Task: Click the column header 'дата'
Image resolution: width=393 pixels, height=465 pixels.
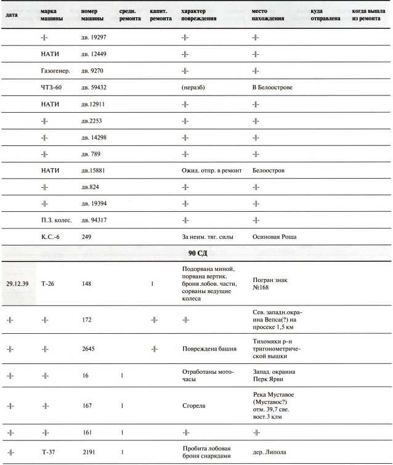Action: [11, 15]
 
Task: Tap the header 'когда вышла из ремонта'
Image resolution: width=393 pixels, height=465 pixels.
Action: [370, 15]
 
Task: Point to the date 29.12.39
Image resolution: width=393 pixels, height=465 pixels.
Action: [18, 284]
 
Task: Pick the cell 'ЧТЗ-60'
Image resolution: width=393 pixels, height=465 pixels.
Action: [52, 87]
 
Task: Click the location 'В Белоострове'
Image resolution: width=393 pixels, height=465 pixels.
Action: [272, 87]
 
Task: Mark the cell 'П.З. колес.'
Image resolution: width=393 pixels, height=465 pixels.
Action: [57, 220]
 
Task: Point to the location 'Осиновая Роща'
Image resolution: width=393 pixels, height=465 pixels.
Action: [277, 237]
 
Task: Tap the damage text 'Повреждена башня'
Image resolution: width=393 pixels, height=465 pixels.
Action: [209, 349]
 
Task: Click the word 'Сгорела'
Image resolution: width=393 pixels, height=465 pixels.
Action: [194, 406]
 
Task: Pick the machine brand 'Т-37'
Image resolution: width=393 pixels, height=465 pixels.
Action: [50, 452]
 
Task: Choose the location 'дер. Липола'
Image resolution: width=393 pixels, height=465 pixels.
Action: [269, 452]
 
